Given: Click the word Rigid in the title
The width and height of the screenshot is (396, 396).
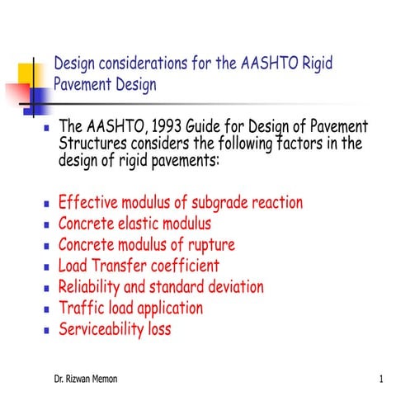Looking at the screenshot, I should pyautogui.click(x=313, y=64).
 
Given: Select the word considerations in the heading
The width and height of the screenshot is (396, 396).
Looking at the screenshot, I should pyautogui.click(x=135, y=64).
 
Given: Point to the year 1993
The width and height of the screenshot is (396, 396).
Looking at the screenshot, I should pyautogui.click(x=161, y=127).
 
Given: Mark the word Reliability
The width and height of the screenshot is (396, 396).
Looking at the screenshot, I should pyautogui.click(x=93, y=287).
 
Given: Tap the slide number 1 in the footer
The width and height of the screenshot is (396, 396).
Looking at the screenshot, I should pyautogui.click(x=381, y=379).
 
